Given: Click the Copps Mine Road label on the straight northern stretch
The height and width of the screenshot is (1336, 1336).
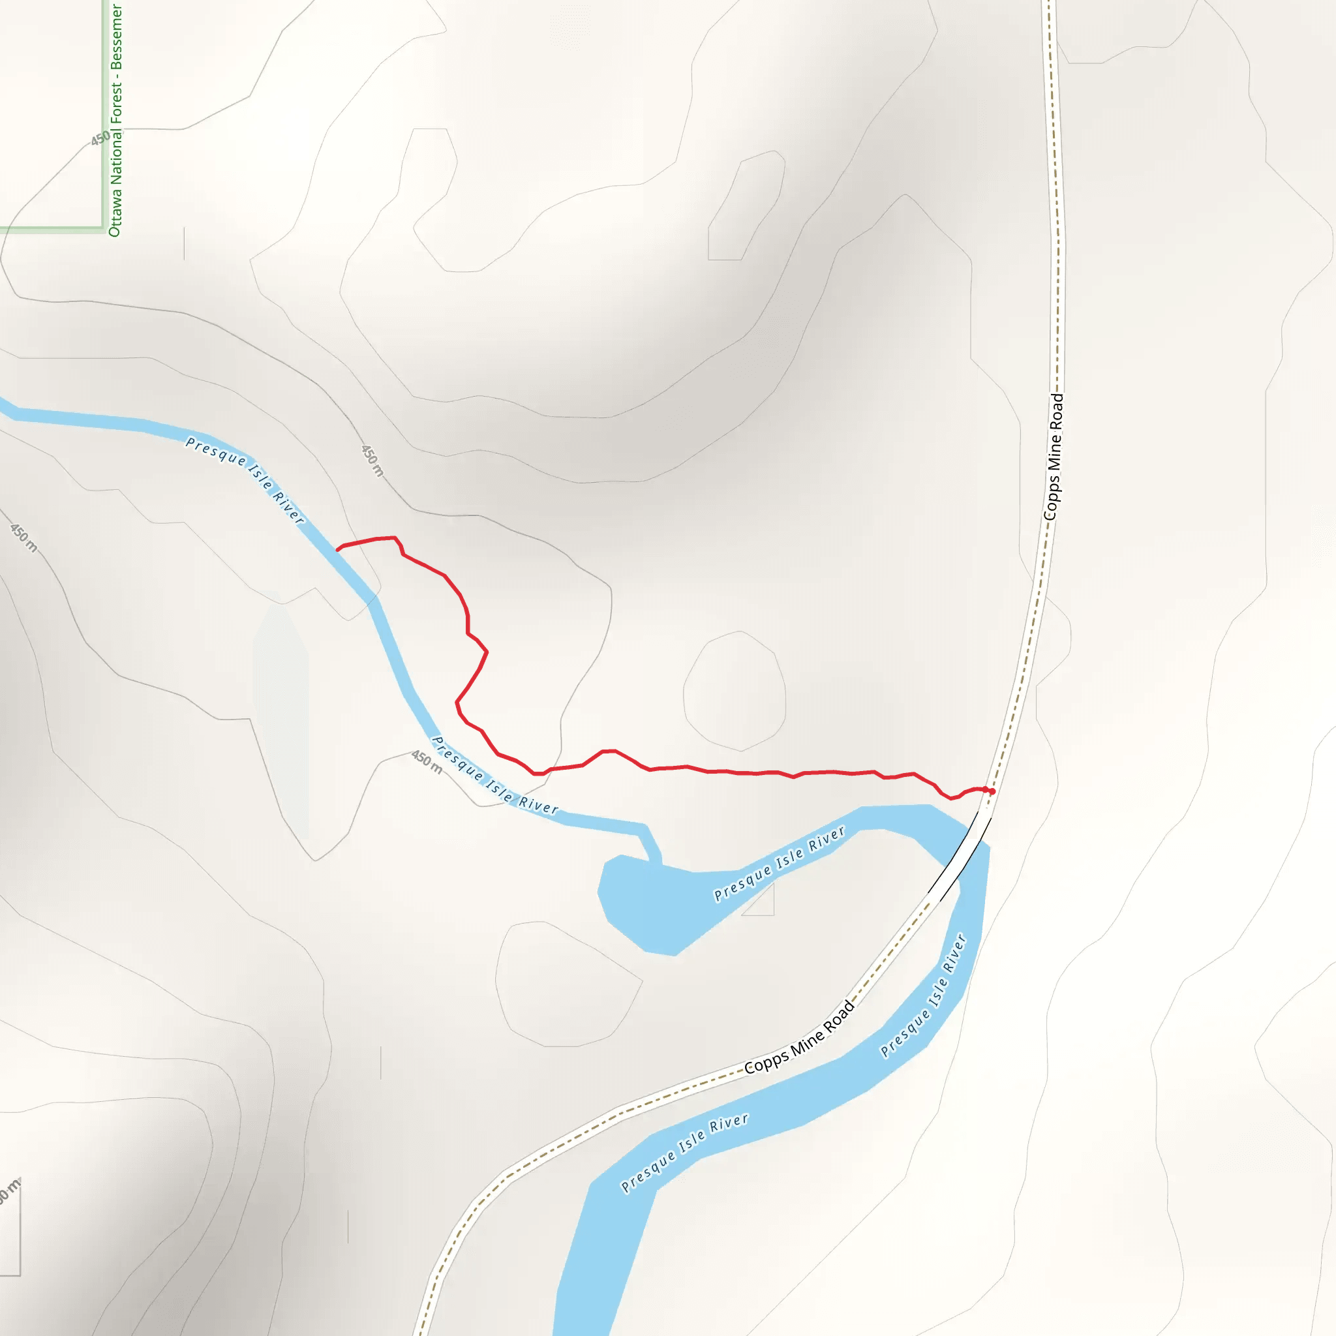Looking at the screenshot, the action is (1053, 457).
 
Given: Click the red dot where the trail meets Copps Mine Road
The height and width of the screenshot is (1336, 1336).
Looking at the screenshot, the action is (992, 791).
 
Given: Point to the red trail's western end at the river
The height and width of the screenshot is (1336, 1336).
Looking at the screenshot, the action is (337, 549).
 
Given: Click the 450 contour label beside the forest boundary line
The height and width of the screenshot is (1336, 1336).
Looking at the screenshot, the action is (101, 138).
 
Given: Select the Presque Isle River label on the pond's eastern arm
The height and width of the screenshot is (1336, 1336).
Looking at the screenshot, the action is (780, 864).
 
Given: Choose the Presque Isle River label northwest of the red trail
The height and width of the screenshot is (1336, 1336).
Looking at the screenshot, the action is (245, 479).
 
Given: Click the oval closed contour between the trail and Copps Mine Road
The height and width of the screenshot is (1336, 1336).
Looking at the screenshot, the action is (735, 691).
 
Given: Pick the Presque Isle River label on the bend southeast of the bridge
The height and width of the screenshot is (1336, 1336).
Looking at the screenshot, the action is (923, 995).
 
